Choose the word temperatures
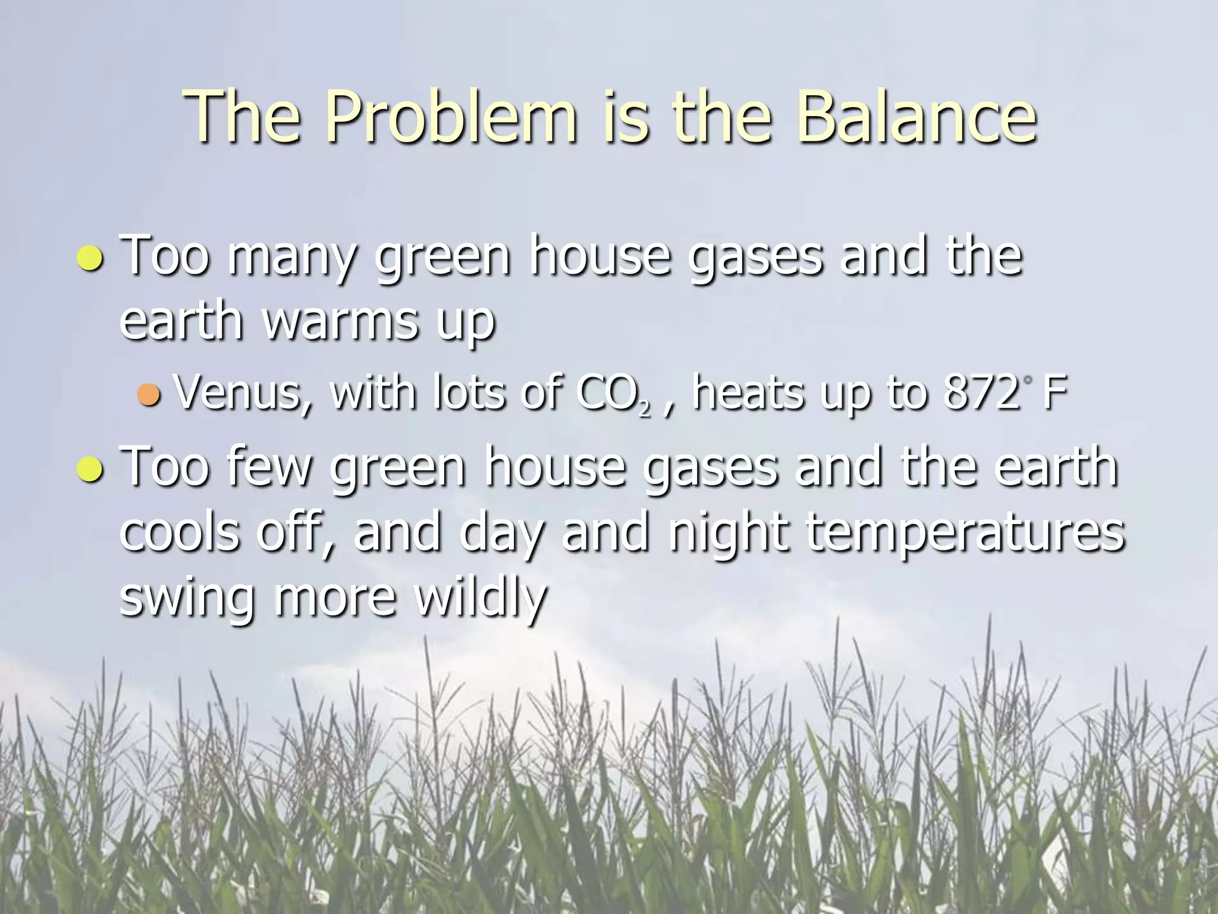pyautogui.click(x=964, y=533)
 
